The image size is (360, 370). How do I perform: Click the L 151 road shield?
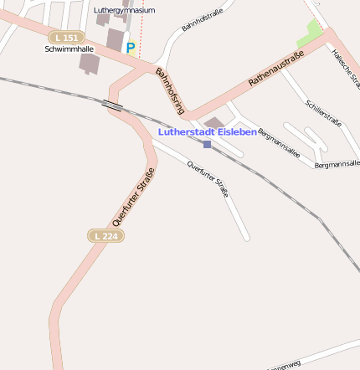click(66, 38)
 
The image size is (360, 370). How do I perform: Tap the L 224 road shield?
click(105, 236)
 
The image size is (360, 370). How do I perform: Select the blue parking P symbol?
click(130, 49)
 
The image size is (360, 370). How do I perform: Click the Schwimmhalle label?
click(69, 49)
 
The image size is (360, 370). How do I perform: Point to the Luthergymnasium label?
click(125, 10)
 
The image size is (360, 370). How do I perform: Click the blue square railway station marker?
click(207, 144)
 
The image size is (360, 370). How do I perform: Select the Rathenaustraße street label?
click(275, 69)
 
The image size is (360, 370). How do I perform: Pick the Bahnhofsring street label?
click(169, 91)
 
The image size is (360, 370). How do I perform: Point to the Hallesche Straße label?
click(346, 68)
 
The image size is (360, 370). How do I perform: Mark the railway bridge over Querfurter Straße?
click(111, 104)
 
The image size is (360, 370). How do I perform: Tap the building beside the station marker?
click(215, 124)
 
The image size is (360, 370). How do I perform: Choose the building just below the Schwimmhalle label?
click(88, 63)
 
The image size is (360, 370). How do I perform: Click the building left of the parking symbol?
click(115, 39)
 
